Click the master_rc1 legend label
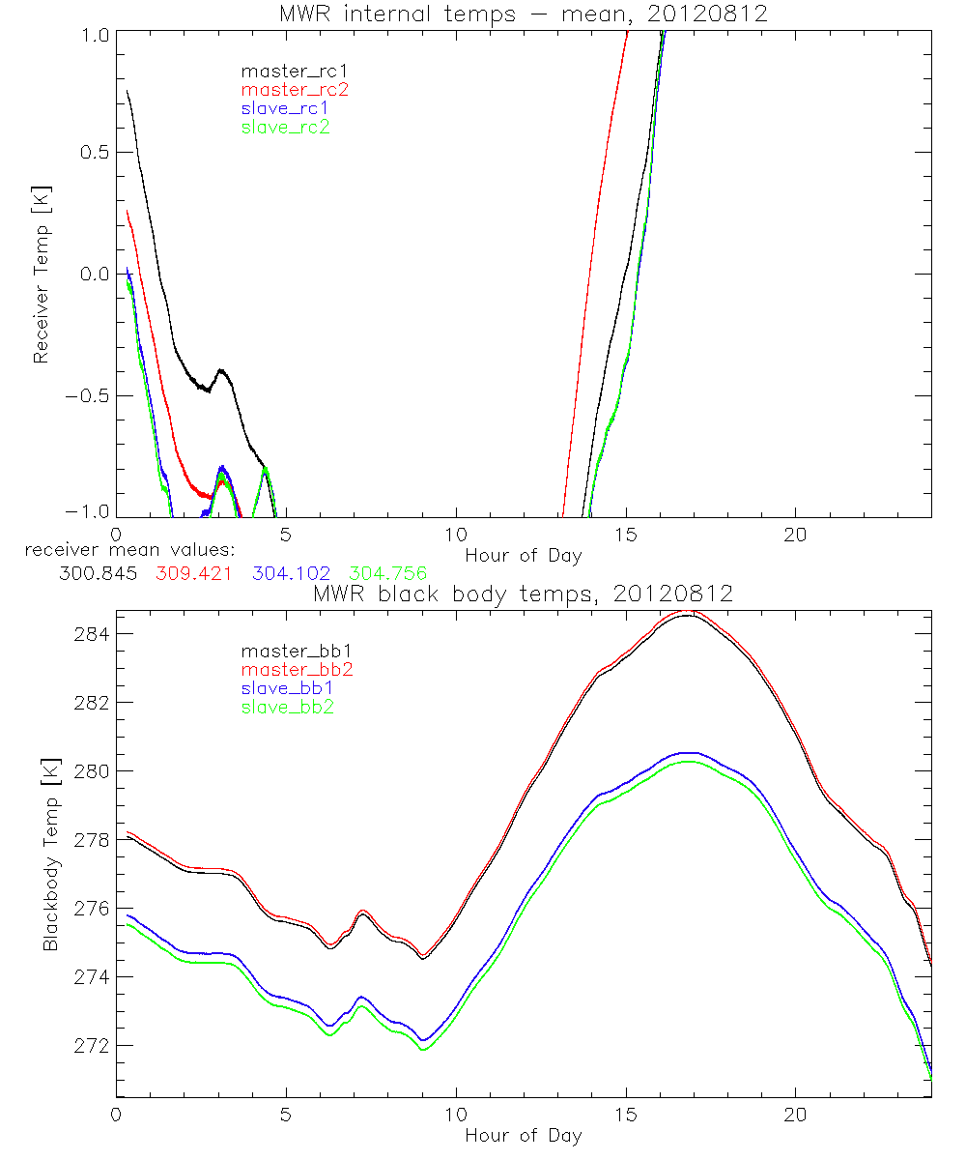point(282,71)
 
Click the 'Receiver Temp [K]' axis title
point(41,275)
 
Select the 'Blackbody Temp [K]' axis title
point(50,853)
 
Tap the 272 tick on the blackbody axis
point(93,1047)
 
